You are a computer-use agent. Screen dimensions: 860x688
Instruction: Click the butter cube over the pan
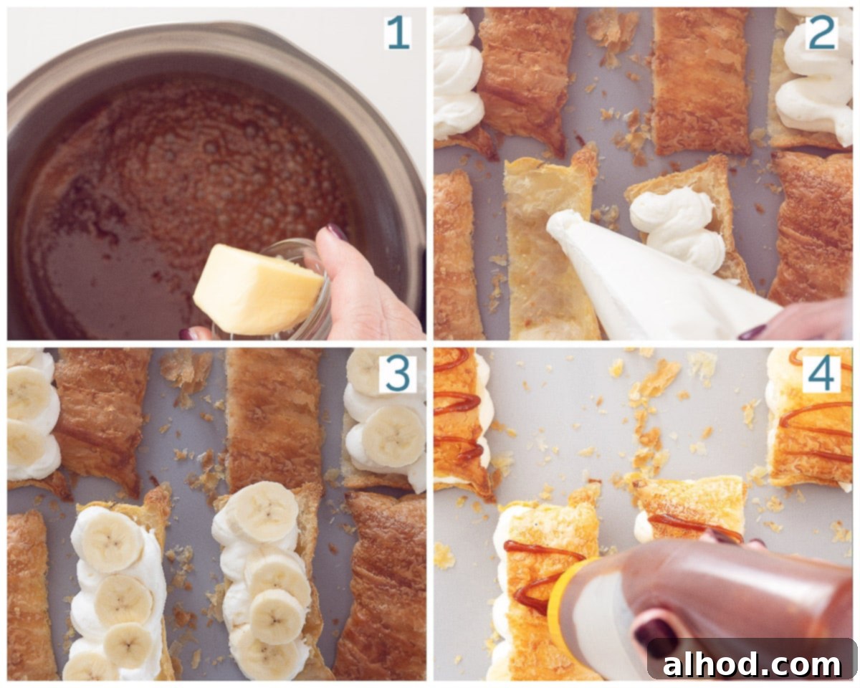pos(257,290)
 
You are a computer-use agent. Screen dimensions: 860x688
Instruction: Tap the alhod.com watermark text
pos(751,664)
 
